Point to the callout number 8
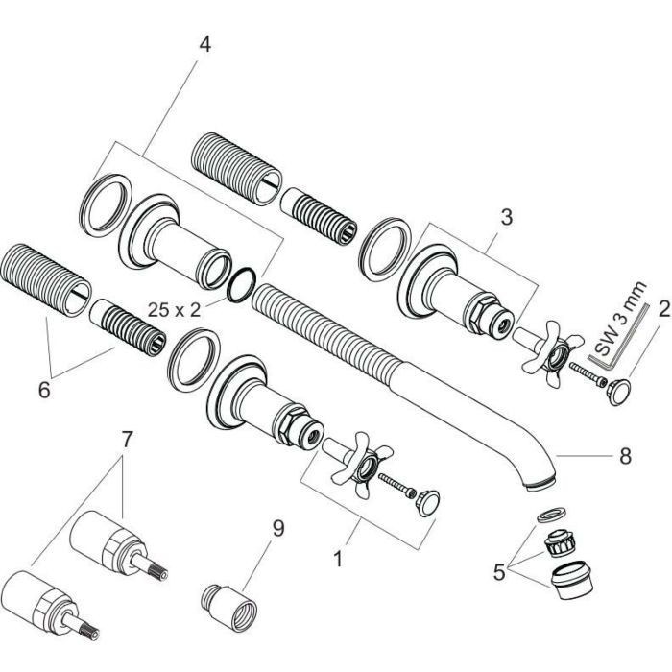[x=624, y=457]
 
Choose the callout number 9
[x=277, y=528]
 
